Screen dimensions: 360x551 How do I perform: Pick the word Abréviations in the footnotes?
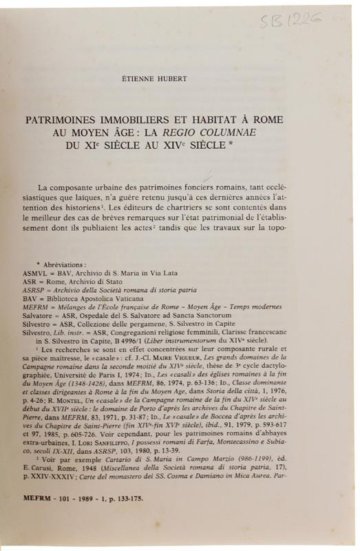coord(66,264)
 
